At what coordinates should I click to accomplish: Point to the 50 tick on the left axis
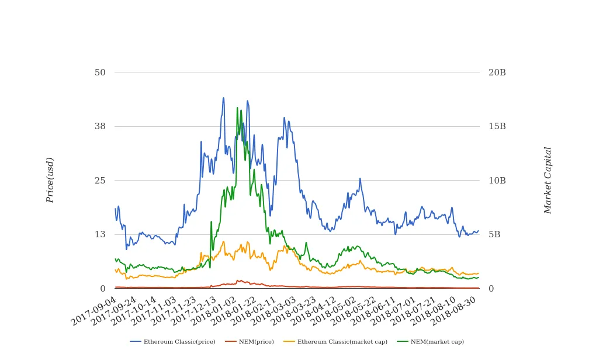click(x=100, y=72)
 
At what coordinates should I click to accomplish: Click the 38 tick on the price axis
click(x=100, y=126)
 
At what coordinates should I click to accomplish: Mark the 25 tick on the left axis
click(x=100, y=181)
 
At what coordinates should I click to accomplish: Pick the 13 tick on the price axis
click(x=100, y=234)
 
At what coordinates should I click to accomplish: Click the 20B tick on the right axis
click(x=497, y=72)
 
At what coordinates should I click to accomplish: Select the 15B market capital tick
click(x=497, y=126)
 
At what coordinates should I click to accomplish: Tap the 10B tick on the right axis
click(x=497, y=181)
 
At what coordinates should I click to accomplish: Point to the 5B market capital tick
click(x=494, y=234)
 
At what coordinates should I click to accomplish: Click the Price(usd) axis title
click(x=50, y=180)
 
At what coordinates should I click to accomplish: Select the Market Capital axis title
click(x=548, y=180)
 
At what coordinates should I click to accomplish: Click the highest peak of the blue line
click(x=223, y=98)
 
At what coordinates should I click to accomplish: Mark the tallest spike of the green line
click(x=237, y=108)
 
